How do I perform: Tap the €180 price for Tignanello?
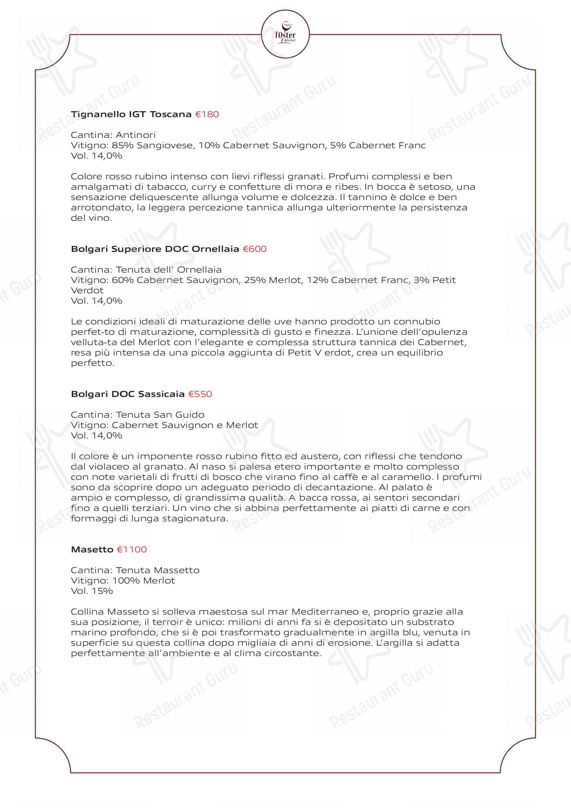pos(207,114)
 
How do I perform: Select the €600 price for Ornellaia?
pos(254,249)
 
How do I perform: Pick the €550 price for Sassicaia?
pos(200,394)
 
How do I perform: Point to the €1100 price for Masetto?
pos(132,549)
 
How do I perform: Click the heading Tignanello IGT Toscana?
pos(131,114)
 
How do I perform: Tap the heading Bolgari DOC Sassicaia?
pos(128,394)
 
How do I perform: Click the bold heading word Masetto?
pos(92,549)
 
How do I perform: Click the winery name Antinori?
pos(135,135)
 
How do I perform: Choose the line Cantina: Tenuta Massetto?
pos(135,570)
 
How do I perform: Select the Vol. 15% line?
pos(92,591)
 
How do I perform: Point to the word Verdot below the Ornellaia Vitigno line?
pos(87,290)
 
